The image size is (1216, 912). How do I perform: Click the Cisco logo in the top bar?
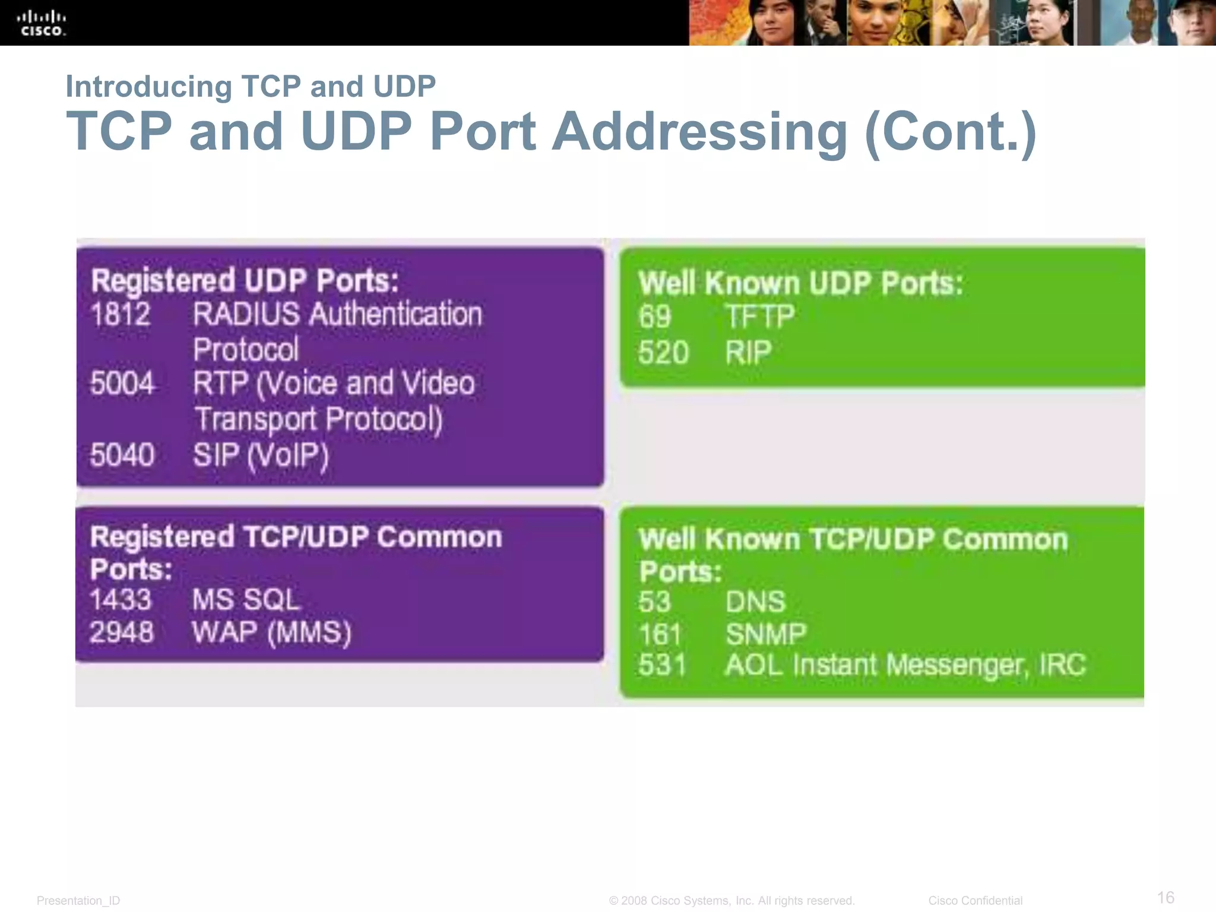pyautogui.click(x=42, y=24)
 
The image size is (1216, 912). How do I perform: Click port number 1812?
pyautogui.click(x=121, y=314)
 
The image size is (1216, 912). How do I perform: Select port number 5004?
pyautogui.click(x=122, y=383)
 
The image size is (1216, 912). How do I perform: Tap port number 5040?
pyautogui.click(x=122, y=455)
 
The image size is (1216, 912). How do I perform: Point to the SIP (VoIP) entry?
pyautogui.click(x=261, y=455)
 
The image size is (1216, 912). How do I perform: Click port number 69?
pyautogui.click(x=655, y=316)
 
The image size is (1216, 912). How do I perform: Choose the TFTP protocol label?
pyautogui.click(x=759, y=316)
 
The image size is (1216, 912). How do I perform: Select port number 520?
pyautogui.click(x=663, y=353)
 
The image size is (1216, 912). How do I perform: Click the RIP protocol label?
pyautogui.click(x=748, y=353)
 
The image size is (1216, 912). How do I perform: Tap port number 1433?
pyautogui.click(x=121, y=599)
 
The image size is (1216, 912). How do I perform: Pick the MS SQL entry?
pyautogui.click(x=246, y=599)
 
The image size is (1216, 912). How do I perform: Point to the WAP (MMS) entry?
pyautogui.click(x=271, y=632)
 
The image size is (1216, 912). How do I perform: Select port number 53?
pyautogui.click(x=655, y=601)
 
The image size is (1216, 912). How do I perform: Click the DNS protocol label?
pyautogui.click(x=755, y=601)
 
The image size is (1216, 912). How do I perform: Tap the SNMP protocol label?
pyautogui.click(x=766, y=634)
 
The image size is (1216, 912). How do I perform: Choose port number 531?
pyautogui.click(x=662, y=664)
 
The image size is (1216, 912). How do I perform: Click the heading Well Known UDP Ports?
pyautogui.click(x=800, y=283)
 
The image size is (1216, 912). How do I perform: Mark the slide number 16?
pyautogui.click(x=1166, y=897)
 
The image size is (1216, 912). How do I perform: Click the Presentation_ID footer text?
pyautogui.click(x=78, y=901)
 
